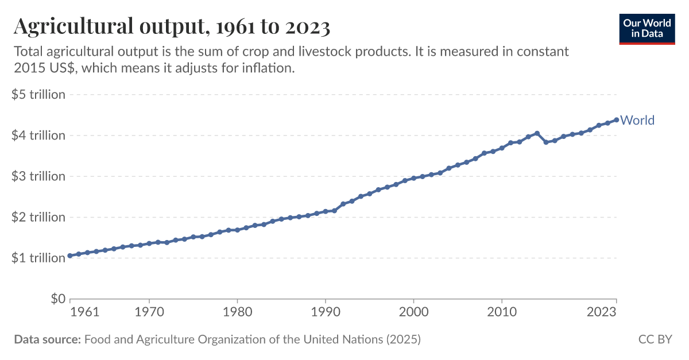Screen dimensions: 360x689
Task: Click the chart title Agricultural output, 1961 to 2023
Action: [x=172, y=26]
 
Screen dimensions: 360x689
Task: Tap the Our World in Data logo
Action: [x=647, y=27]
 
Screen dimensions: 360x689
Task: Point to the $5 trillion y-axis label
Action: [x=38, y=94]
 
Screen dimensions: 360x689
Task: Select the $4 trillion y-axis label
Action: [x=38, y=136]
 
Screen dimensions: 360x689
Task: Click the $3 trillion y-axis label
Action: [x=38, y=176]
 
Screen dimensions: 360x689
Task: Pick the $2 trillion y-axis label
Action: [x=38, y=217]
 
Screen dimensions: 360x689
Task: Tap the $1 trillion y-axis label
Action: [x=38, y=258]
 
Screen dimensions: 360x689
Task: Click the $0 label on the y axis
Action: [x=57, y=299]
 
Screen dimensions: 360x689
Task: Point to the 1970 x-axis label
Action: [x=149, y=312]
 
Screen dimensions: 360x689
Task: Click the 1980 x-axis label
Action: [x=237, y=312]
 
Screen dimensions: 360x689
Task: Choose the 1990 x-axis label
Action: [x=326, y=312]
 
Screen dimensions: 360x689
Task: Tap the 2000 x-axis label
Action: [x=413, y=312]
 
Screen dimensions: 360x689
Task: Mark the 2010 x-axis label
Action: [x=502, y=312]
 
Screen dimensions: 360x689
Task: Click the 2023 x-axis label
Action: [x=602, y=312]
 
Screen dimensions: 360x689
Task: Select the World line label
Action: [x=637, y=120]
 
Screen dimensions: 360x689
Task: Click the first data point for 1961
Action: [x=70, y=256]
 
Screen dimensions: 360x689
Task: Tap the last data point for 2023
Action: [x=616, y=119]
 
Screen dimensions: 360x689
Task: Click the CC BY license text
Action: [x=655, y=339]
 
